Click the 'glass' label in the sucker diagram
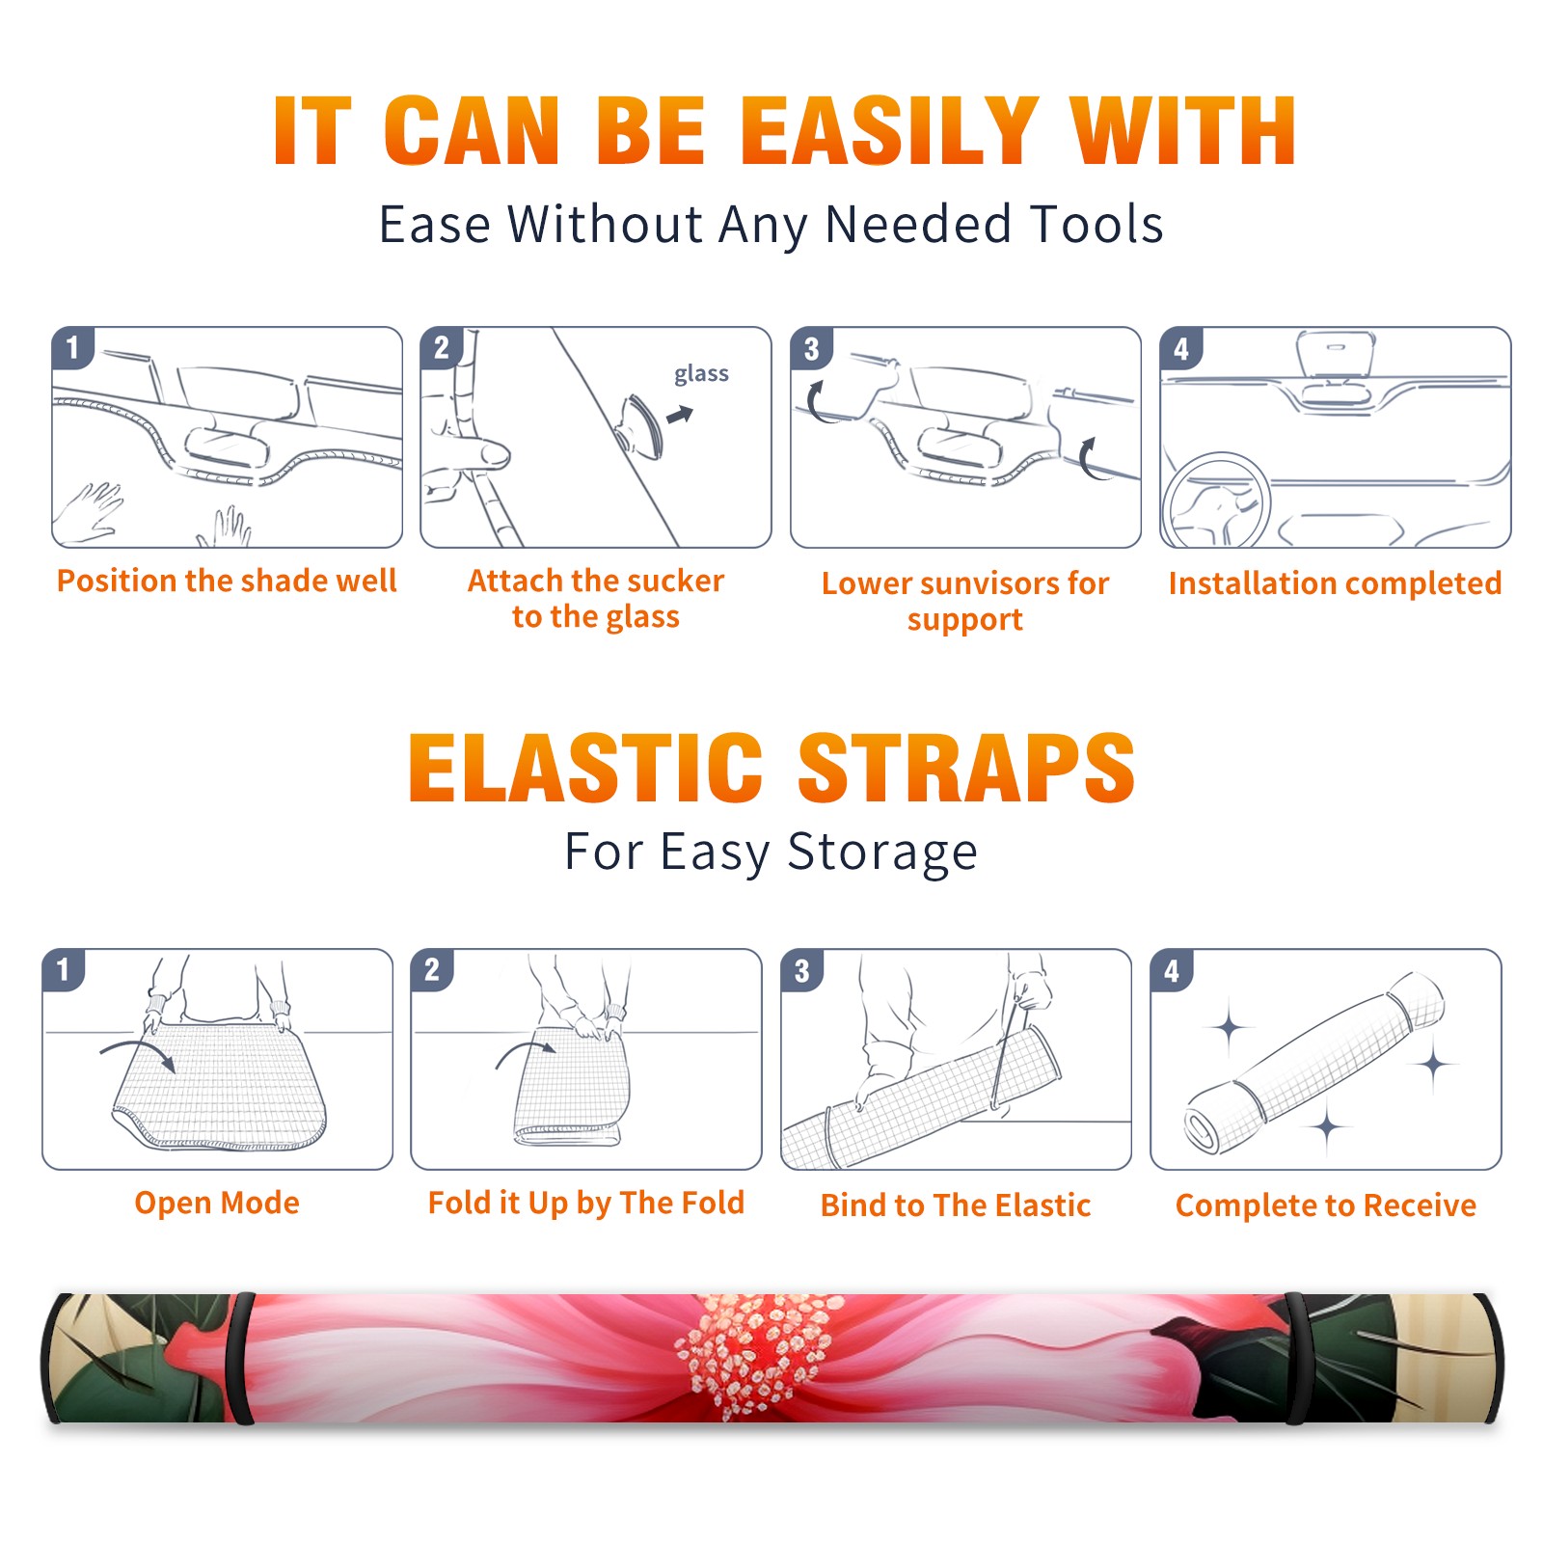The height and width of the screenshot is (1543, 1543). (x=701, y=374)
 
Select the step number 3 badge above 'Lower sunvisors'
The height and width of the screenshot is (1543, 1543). (x=811, y=348)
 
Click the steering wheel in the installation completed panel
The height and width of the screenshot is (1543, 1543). (x=1216, y=501)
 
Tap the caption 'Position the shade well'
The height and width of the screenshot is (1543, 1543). (x=227, y=581)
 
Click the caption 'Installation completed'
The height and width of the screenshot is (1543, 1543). (x=1335, y=583)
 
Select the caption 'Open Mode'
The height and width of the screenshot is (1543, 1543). (x=217, y=1203)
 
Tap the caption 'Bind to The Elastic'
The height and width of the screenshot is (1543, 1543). (x=956, y=1205)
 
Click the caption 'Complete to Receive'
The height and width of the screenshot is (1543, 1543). (x=1326, y=1205)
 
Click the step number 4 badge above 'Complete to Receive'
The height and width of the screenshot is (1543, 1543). (x=1172, y=970)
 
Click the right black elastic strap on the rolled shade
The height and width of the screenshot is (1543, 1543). (x=1295, y=1359)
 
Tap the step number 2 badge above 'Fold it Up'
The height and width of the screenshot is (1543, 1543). (x=432, y=970)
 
